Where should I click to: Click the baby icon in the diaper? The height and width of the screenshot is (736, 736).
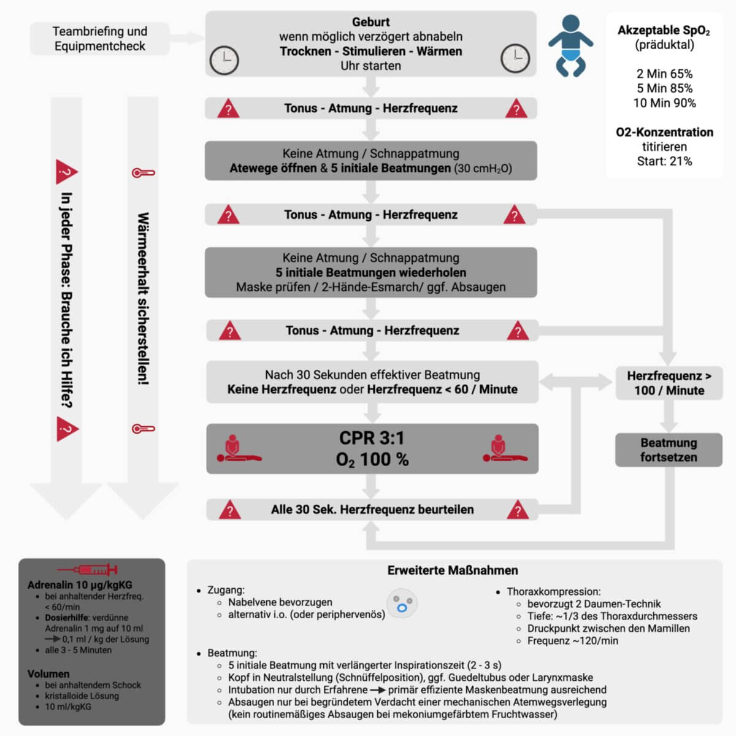(570, 46)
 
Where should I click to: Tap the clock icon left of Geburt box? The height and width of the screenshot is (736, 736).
(224, 60)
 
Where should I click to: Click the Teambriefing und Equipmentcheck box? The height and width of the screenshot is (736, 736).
(100, 39)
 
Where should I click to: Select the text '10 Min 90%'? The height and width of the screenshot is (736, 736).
(664, 103)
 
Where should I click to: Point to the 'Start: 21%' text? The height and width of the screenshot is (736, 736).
(664, 161)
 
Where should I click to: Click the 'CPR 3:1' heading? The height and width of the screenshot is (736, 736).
(372, 438)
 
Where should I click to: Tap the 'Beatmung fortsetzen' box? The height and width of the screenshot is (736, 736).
(669, 450)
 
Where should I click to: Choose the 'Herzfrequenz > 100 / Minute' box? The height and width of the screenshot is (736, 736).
(669, 383)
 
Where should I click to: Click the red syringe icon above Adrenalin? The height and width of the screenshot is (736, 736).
(87, 570)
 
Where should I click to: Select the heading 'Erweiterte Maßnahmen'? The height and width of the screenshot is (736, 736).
(453, 570)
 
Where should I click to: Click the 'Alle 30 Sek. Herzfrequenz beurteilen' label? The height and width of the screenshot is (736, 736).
(372, 510)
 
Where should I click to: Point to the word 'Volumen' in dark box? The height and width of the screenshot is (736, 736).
(48, 674)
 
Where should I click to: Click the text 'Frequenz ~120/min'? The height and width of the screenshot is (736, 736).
(572, 641)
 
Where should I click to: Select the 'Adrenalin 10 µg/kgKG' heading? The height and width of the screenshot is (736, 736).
(80, 585)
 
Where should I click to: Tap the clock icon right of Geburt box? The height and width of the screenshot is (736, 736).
(515, 59)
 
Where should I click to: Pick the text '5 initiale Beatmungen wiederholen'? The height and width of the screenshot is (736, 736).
(371, 272)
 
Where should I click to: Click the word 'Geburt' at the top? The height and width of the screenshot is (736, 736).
(371, 22)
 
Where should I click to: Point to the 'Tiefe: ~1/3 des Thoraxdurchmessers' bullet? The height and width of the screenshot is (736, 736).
(611, 616)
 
